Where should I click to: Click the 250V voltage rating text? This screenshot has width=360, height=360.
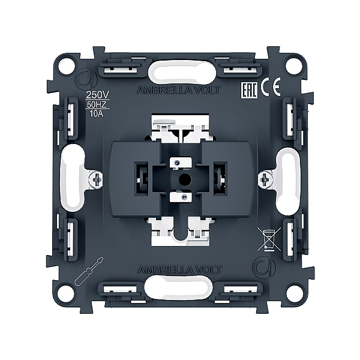(97, 95)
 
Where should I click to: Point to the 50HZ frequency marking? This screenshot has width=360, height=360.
(97, 104)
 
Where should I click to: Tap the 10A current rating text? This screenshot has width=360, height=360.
(97, 113)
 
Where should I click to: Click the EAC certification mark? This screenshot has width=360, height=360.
(249, 90)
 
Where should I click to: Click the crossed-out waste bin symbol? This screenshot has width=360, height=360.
(269, 239)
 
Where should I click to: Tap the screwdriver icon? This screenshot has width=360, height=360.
(89, 271)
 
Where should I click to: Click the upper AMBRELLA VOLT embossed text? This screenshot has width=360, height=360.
(179, 90)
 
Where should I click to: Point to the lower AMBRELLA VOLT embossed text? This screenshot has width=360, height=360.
(180, 270)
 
